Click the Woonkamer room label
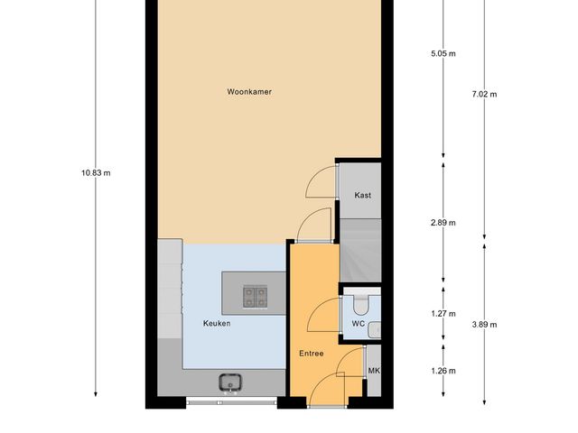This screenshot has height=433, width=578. pyautogui.click(x=249, y=91)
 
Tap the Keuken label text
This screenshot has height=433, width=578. pyautogui.click(x=217, y=323)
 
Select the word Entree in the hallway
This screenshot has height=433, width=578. pyautogui.click(x=312, y=354)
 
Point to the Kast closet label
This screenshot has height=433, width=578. pyautogui.click(x=362, y=195)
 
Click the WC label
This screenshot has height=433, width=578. pyautogui.click(x=357, y=323)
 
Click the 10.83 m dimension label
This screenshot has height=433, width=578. pyautogui.click(x=96, y=172)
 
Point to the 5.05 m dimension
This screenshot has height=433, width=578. pyautogui.click(x=443, y=53)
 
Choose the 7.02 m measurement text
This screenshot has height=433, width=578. pyautogui.click(x=485, y=93)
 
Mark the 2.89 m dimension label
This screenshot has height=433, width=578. pyautogui.click(x=443, y=222)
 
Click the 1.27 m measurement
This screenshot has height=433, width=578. pyautogui.click(x=443, y=314)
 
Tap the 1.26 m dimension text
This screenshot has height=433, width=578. pyautogui.click(x=443, y=371)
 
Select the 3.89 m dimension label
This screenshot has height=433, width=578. pyautogui.click(x=485, y=325)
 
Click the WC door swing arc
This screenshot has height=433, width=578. pyautogui.click(x=321, y=316)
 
